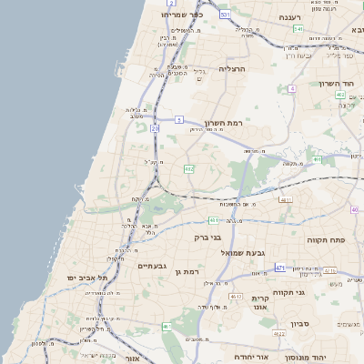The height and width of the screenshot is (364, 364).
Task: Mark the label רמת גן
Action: click(187, 271)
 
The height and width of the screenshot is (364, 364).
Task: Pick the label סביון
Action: click(301, 324)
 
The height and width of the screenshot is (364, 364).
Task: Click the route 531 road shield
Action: click(225, 15)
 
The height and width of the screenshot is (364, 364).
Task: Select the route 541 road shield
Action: click(298, 29)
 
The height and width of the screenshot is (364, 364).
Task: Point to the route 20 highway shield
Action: click(155, 129)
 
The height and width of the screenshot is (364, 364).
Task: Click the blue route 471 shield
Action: click(280, 268)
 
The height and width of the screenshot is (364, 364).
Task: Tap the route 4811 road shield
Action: click(286, 199)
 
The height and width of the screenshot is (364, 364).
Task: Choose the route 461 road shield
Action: click(167, 327)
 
